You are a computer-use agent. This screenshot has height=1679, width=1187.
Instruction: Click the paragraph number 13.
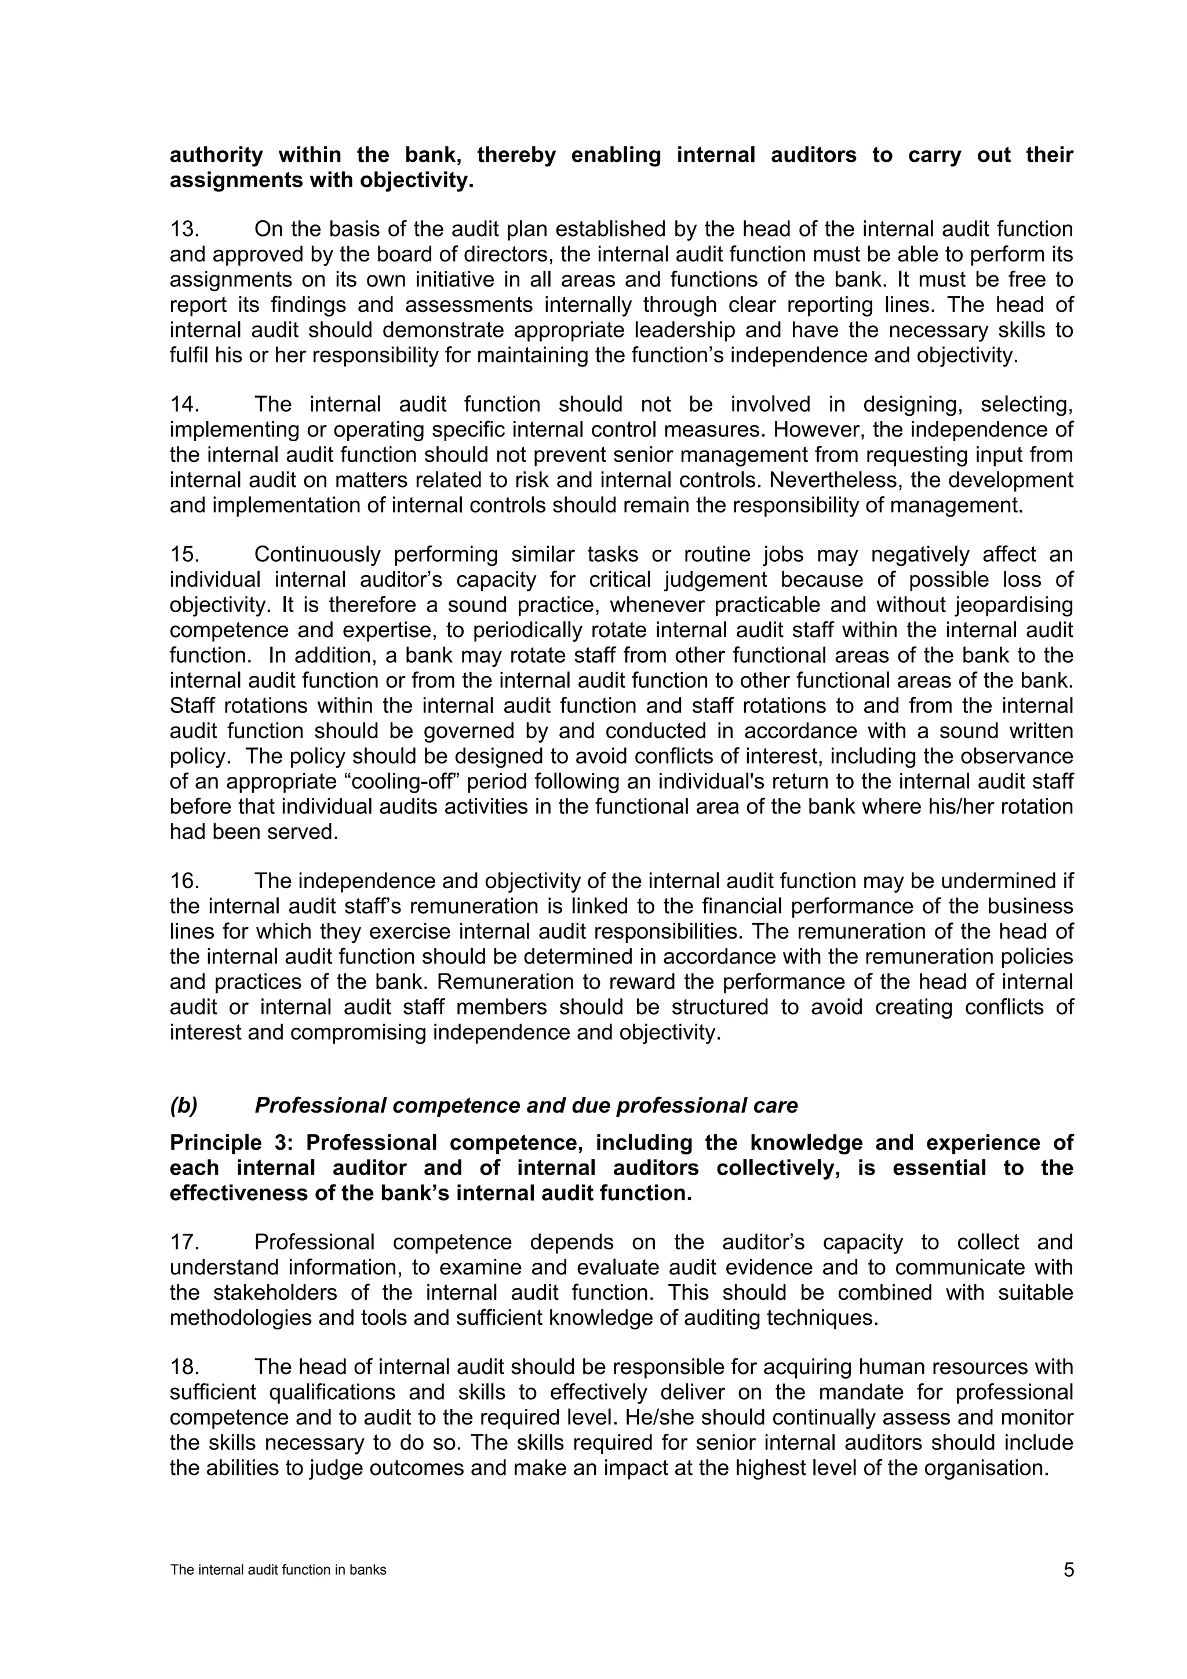point(184,230)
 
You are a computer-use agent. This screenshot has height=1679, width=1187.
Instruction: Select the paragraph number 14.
point(184,405)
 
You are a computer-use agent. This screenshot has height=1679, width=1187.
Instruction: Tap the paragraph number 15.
point(184,554)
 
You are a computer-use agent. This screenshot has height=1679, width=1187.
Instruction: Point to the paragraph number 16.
point(184,881)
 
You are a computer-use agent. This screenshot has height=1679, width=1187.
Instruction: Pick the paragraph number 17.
point(184,1242)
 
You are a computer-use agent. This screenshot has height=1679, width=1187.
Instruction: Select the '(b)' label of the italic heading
point(184,1105)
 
